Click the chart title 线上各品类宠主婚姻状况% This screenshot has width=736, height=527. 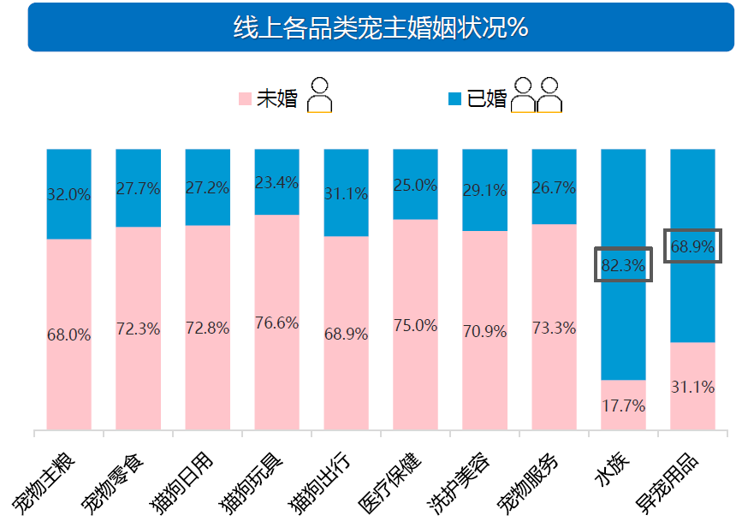tap(380, 27)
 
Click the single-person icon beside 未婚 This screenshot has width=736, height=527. tap(320, 95)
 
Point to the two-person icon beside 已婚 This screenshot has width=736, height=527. tap(536, 95)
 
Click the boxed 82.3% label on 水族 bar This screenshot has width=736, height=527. tap(623, 264)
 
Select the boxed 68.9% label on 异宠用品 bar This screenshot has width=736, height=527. tap(692, 246)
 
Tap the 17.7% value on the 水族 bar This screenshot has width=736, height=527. tap(623, 406)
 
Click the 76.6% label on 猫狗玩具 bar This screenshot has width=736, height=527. tap(276, 323)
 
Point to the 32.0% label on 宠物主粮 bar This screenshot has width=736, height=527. tap(68, 194)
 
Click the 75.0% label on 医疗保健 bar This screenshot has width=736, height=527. tap(415, 325)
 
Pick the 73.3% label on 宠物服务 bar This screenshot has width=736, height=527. tap(554, 328)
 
